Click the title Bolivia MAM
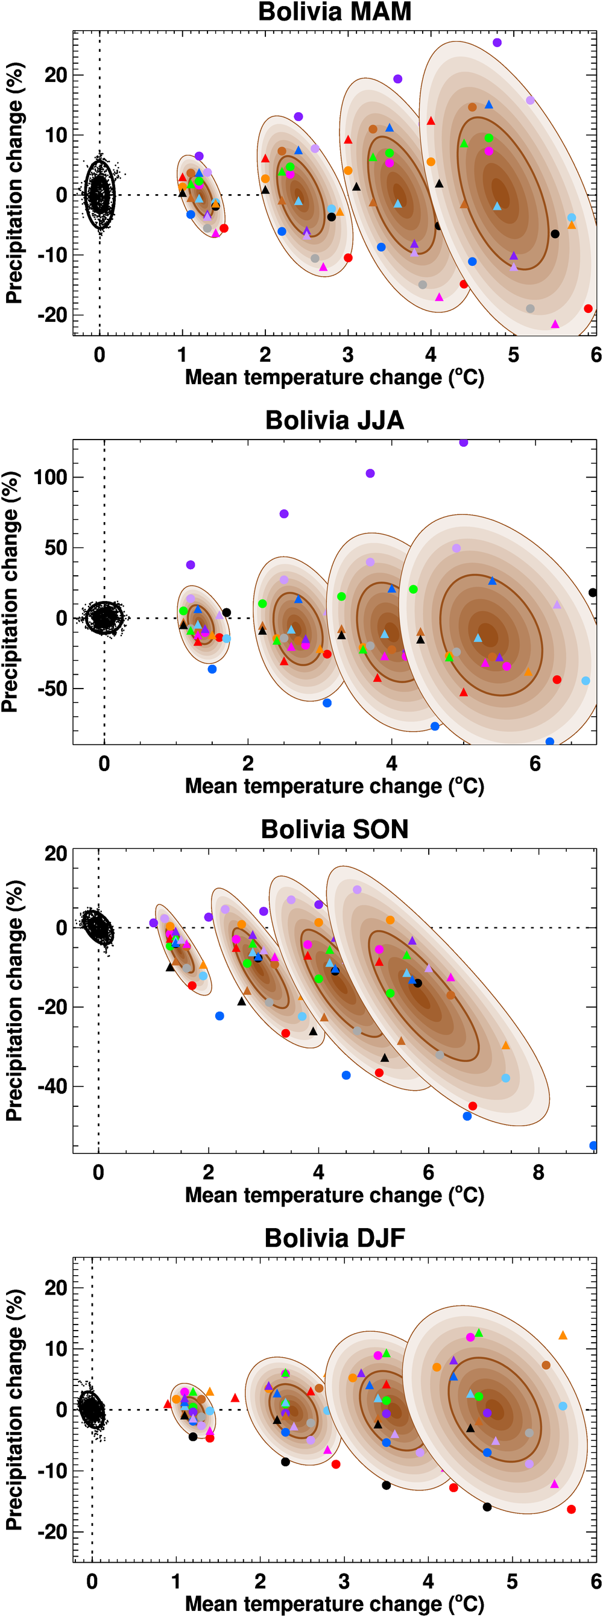tap(334, 12)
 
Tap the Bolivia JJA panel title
tap(334, 420)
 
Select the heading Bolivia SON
tap(334, 828)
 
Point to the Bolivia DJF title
tap(334, 1237)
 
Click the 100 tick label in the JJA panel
tap(49, 477)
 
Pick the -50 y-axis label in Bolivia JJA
tap(49, 689)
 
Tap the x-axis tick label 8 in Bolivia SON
tap(538, 1172)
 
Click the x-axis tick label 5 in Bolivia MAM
tap(513, 355)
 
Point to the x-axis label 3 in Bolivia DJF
tap(344, 1581)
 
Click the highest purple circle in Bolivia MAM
tap(497, 43)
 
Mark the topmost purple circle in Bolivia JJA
tap(464, 443)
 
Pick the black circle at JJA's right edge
tap(592, 593)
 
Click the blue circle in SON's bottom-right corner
tap(593, 1146)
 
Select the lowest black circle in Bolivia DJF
tap(487, 1507)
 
